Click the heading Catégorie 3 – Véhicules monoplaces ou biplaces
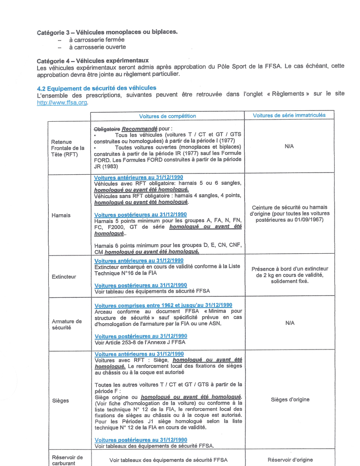107,32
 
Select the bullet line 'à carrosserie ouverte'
98,47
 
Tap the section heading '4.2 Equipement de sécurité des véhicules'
97,88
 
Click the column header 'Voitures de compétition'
167,116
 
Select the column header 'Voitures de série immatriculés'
289,115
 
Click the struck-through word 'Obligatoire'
107,129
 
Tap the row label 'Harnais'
61,215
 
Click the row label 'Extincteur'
63,277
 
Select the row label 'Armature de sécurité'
66,324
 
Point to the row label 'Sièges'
60,400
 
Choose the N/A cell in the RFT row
289,147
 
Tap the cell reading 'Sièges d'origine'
290,400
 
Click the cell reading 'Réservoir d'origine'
290,460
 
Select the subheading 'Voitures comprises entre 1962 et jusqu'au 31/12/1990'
163,305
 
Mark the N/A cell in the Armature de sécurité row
290,323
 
